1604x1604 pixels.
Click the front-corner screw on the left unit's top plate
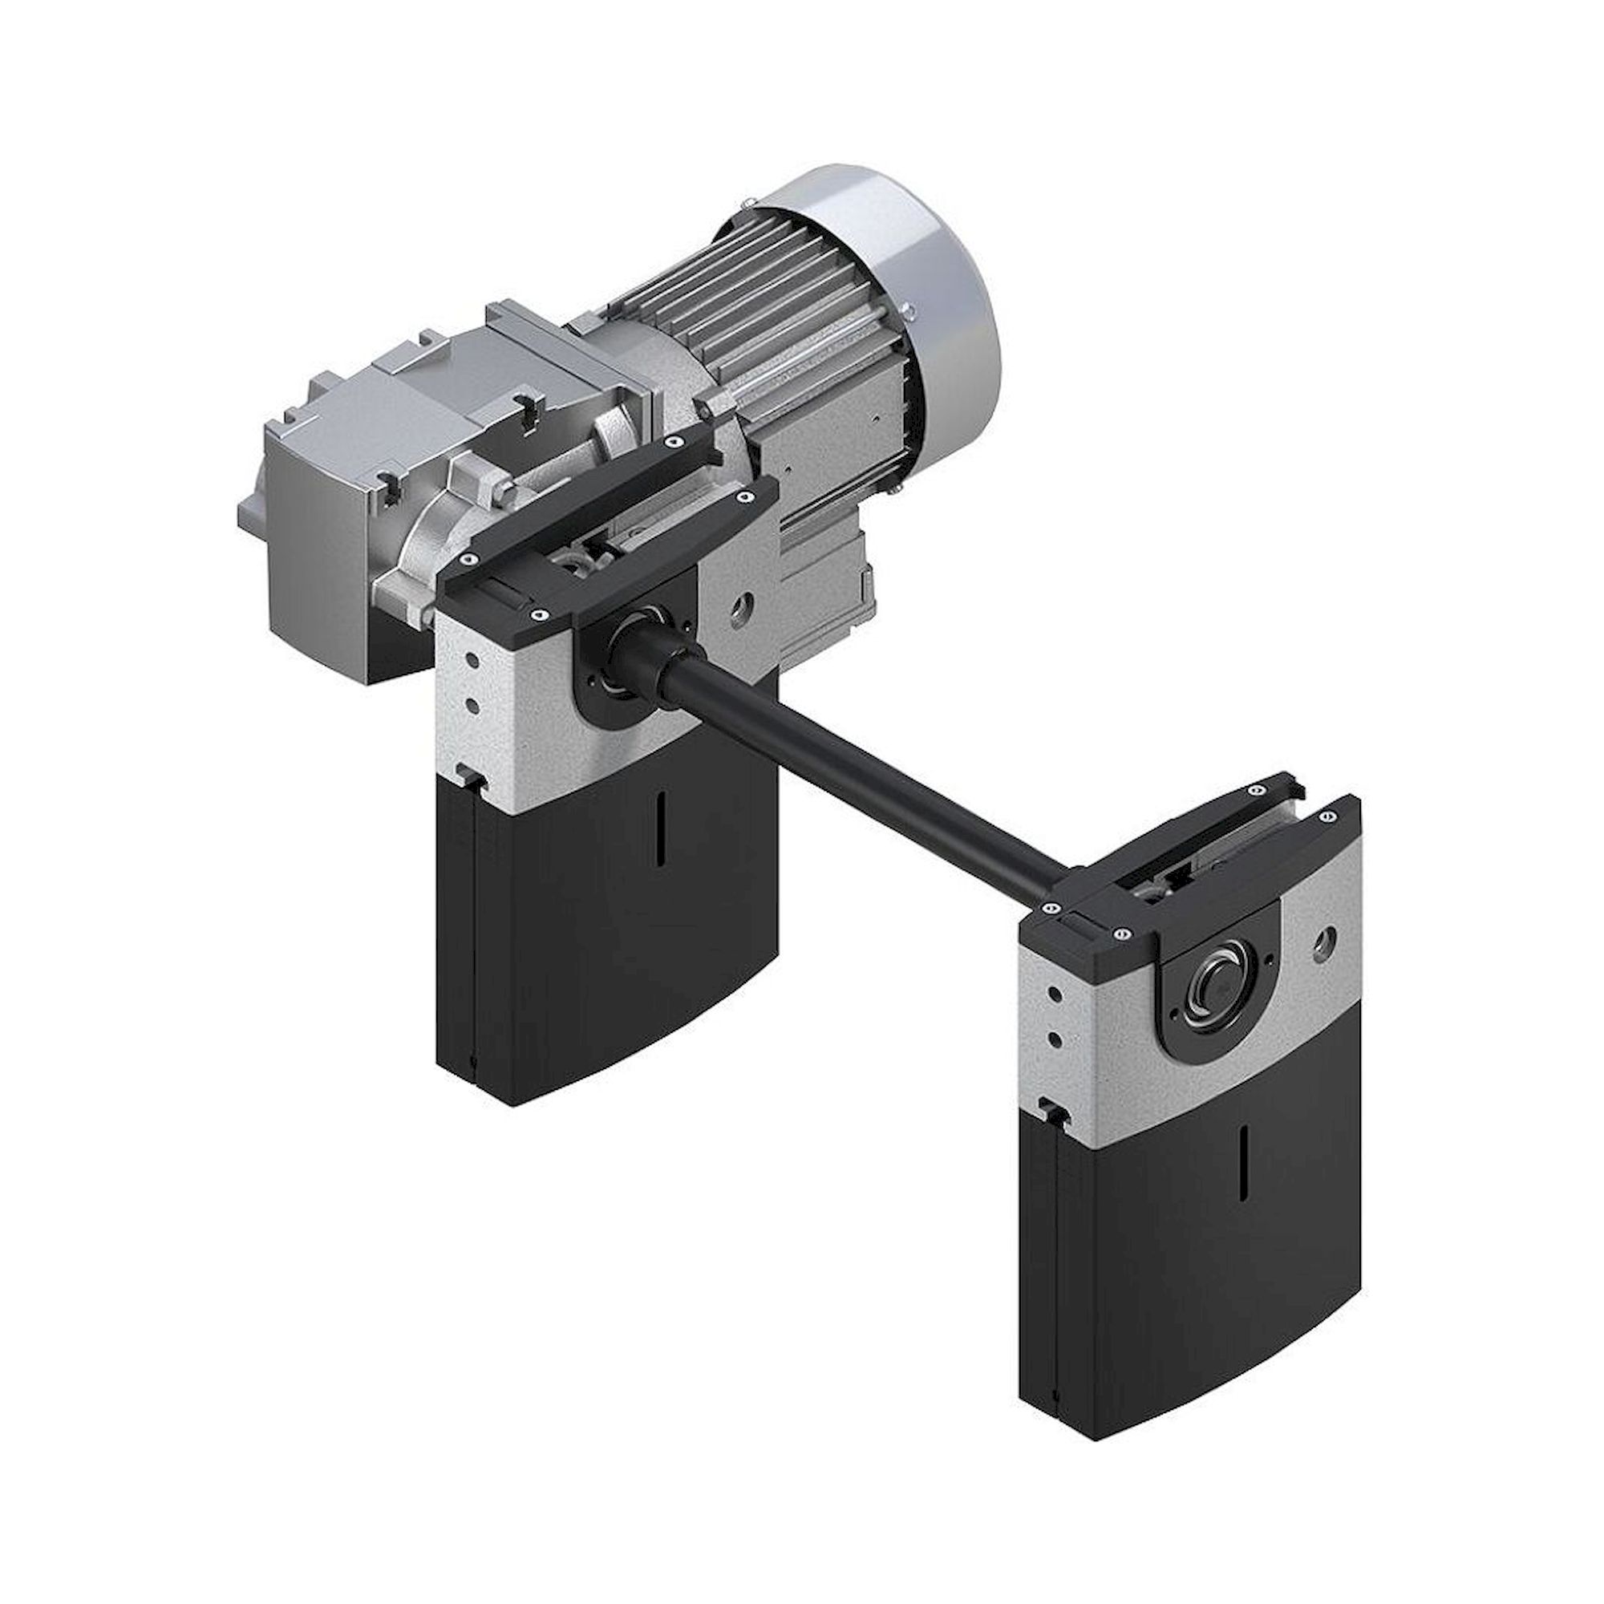pyautogui.click(x=539, y=615)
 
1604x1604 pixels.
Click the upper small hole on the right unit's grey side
pyautogui.click(x=1054, y=993)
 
